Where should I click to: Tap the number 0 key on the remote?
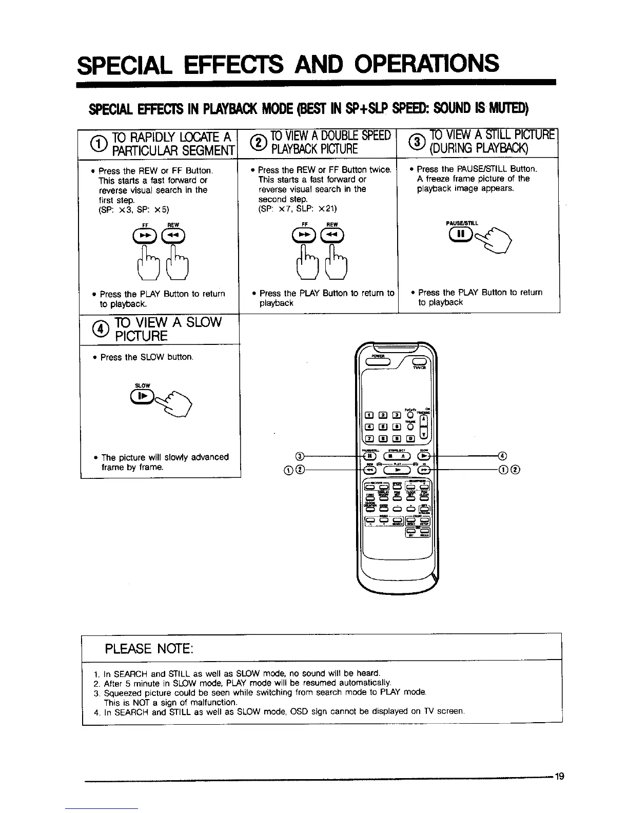[x=411, y=437]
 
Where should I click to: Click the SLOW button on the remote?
[x=425, y=456]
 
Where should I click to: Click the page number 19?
[x=559, y=776]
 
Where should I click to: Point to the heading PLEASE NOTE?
[x=149, y=649]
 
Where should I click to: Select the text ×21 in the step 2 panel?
[x=327, y=208]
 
